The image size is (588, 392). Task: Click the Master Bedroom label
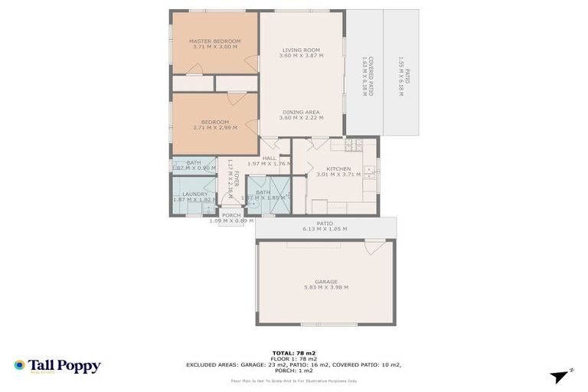tap(215, 41)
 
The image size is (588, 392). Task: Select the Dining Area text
tap(301, 112)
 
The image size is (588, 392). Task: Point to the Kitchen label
tap(338, 168)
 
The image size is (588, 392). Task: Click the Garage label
tap(326, 281)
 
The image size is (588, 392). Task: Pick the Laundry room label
tap(195, 194)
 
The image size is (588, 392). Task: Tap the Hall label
tap(269, 158)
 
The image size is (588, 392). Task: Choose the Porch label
tap(231, 215)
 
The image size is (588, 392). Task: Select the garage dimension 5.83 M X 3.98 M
tap(326, 287)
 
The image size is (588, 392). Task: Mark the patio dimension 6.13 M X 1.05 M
tap(325, 229)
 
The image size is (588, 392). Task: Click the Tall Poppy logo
tap(57, 366)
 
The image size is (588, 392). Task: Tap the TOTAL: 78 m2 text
tap(293, 353)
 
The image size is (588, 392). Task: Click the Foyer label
tap(237, 184)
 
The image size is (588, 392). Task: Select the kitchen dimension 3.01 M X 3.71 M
tap(338, 175)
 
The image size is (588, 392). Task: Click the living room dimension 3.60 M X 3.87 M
tap(301, 56)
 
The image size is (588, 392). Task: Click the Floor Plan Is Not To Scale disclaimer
tap(294, 381)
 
